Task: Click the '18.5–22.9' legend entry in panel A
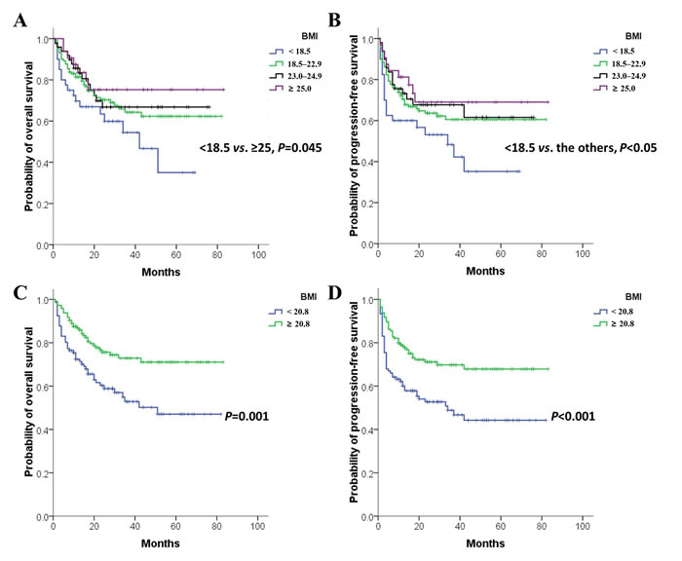tap(297, 63)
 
